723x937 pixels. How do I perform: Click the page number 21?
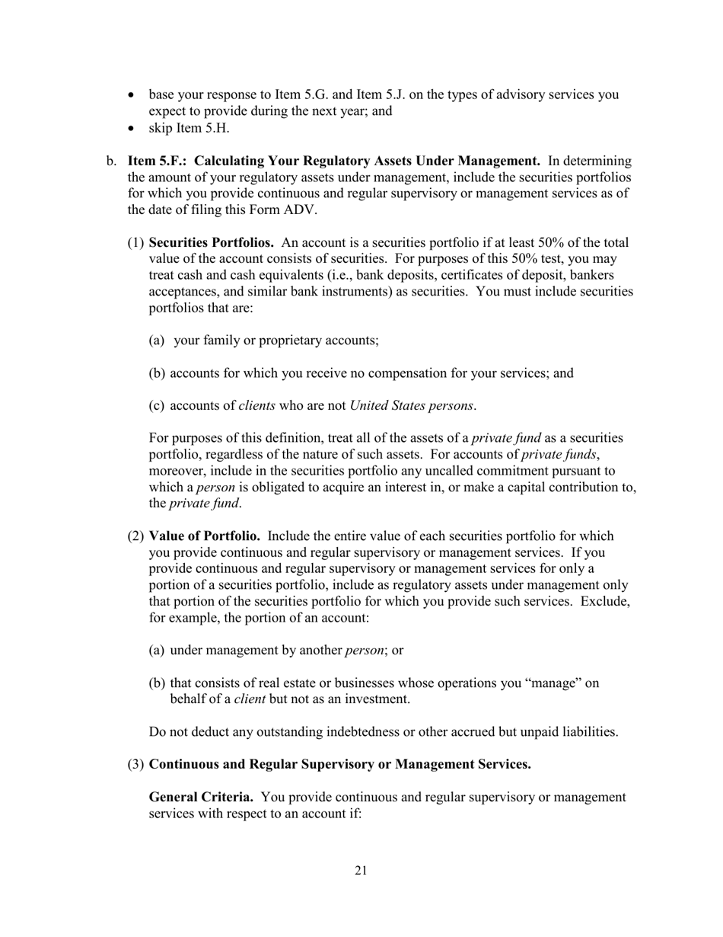coord(361,871)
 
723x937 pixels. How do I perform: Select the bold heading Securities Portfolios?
coord(211,243)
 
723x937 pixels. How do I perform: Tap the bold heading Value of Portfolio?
coord(204,536)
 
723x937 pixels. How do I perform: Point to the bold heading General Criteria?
coord(201,797)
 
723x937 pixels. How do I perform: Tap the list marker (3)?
coord(135,764)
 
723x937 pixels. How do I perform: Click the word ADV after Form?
coord(301,210)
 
